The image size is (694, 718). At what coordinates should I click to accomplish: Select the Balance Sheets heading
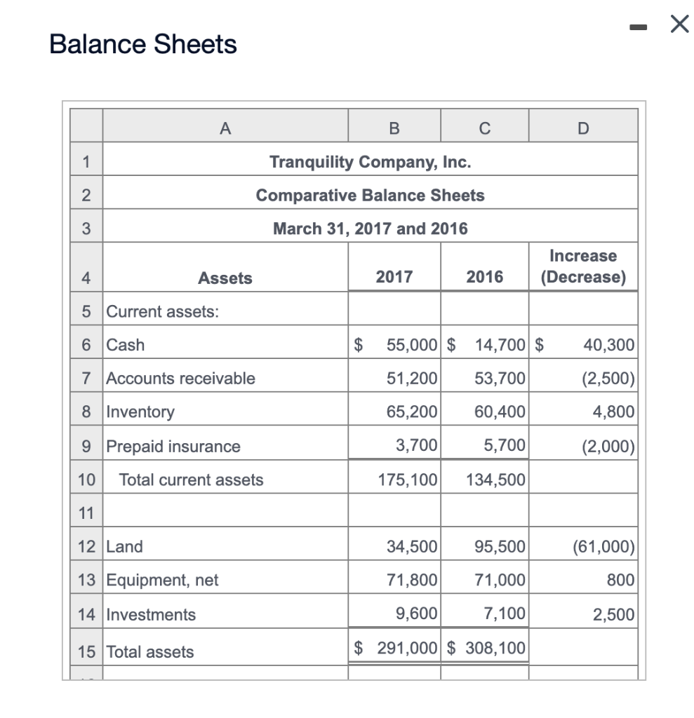tap(143, 45)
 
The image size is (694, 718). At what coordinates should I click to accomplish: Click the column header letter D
tap(583, 128)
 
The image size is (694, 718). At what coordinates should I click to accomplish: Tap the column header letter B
tap(394, 128)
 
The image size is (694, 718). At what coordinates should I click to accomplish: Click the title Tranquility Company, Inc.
tap(370, 162)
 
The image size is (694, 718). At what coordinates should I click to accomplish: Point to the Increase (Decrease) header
tap(583, 266)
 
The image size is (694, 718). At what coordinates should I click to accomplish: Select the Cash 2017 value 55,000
tap(412, 345)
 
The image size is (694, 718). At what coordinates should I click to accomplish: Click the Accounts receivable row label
tap(180, 379)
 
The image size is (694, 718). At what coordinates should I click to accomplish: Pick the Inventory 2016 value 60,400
tap(500, 412)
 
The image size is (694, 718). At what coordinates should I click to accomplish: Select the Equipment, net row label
tap(162, 581)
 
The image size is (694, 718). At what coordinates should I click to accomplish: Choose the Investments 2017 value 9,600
tap(417, 615)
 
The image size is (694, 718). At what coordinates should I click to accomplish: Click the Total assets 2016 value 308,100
tap(495, 649)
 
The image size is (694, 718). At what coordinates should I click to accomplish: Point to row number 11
tap(86, 513)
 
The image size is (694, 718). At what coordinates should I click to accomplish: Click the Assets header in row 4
tap(225, 278)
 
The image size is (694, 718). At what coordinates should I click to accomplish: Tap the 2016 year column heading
tap(485, 277)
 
